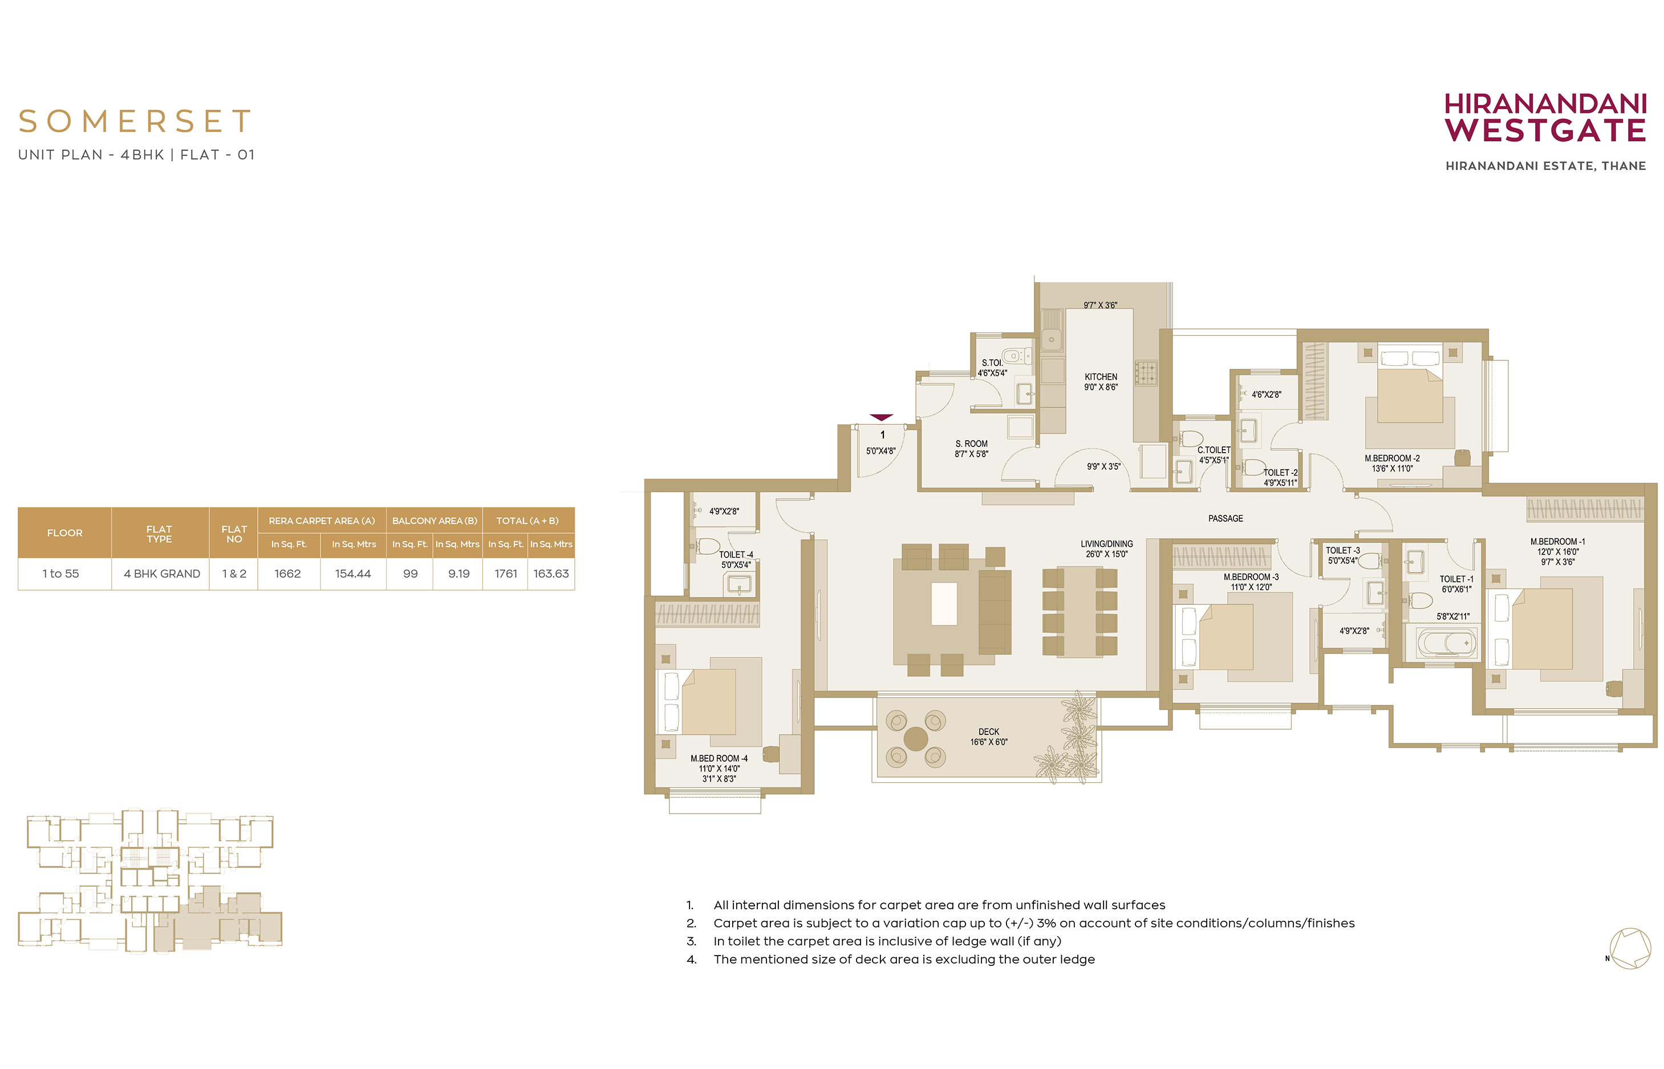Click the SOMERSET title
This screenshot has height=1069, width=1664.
point(135,121)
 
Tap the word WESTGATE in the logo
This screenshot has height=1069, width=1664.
point(1545,131)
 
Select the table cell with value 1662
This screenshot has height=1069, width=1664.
point(287,574)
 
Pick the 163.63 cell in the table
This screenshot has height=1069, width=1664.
point(551,574)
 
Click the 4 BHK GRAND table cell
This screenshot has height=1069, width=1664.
point(161,574)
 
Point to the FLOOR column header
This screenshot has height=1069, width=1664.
point(64,533)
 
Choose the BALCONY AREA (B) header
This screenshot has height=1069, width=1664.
point(435,521)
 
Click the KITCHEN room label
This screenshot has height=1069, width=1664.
point(1101,377)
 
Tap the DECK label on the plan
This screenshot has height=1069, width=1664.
point(989,731)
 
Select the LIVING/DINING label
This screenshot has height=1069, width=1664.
point(1106,544)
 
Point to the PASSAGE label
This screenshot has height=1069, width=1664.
point(1225,518)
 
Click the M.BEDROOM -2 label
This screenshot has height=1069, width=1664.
point(1392,458)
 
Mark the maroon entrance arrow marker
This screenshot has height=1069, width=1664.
point(881,417)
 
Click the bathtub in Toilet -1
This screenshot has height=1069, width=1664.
point(1447,643)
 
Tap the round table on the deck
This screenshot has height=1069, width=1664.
point(916,738)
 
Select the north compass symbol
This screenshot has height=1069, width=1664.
point(1630,948)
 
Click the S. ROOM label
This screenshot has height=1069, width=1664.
point(971,444)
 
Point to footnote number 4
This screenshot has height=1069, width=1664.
point(691,960)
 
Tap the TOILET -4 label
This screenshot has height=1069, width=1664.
point(736,555)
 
